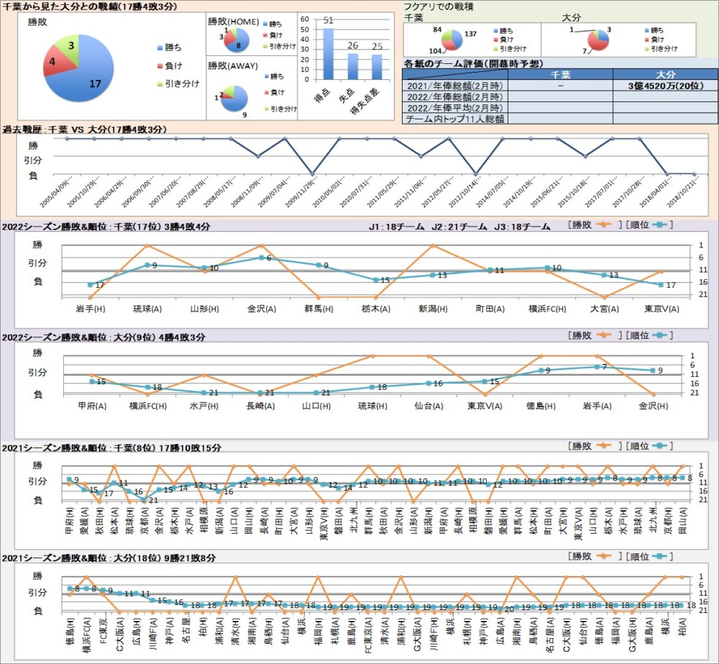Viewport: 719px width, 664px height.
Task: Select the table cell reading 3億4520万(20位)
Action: tap(665, 85)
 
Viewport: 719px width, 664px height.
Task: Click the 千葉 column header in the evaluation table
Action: tap(560, 74)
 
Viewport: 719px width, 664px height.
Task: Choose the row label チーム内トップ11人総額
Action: tap(455, 119)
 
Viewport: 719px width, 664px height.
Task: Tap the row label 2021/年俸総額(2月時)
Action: tap(455, 85)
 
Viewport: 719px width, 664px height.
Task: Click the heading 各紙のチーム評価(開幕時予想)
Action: tap(472, 63)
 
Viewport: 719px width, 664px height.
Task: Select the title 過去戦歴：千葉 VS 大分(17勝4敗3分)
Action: tap(85, 129)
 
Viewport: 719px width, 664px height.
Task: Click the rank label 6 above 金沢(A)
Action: tap(268, 258)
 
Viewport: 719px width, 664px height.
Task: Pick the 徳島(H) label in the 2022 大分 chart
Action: tap(541, 405)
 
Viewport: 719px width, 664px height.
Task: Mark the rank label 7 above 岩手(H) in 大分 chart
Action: tap(605, 367)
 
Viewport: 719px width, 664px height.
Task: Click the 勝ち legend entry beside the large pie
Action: tap(173, 47)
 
